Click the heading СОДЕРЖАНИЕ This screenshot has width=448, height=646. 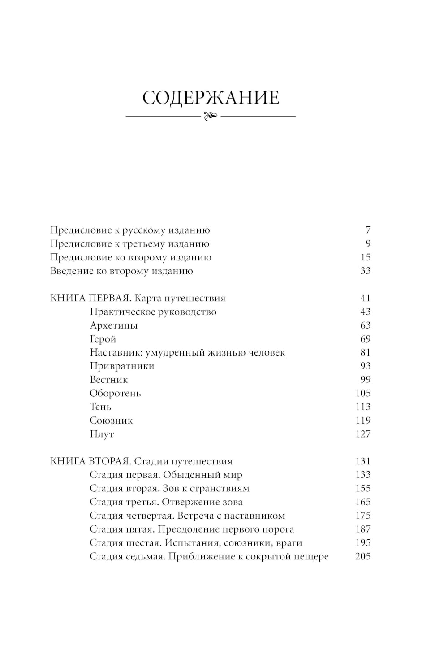(x=211, y=98)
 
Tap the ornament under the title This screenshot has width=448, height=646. (x=211, y=116)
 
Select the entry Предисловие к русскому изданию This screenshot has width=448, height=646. (x=130, y=230)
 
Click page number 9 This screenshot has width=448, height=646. (x=368, y=244)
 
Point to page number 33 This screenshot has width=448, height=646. (x=366, y=271)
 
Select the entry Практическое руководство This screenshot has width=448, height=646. (x=153, y=312)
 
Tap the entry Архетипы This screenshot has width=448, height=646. (x=113, y=325)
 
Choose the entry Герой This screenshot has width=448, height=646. (x=103, y=339)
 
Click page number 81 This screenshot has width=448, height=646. (x=366, y=352)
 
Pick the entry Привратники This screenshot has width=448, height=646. (x=122, y=366)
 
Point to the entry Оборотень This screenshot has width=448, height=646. (x=115, y=393)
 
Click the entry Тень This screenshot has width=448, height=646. (x=100, y=407)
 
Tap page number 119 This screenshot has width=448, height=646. (x=363, y=421)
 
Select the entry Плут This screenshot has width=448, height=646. (x=102, y=434)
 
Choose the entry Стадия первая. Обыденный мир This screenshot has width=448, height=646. (x=166, y=475)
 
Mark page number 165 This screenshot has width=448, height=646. (x=363, y=502)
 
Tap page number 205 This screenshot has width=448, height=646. (x=363, y=556)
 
